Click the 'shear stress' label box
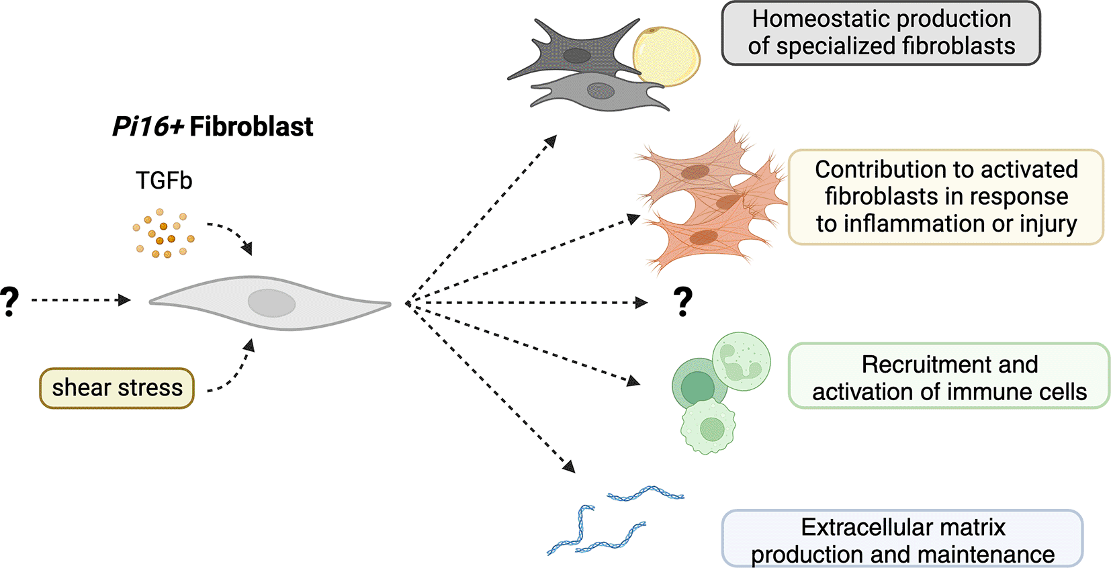pyautogui.click(x=117, y=388)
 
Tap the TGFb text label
pyautogui.click(x=164, y=181)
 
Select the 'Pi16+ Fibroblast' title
pyautogui.click(x=212, y=126)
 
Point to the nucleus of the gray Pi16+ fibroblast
pyautogui.click(x=271, y=303)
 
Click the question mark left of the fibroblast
pyautogui.click(x=9, y=301)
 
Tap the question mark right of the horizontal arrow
pyautogui.click(x=682, y=301)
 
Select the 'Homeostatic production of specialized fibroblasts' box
pyautogui.click(x=881, y=33)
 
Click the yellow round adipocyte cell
pyautogui.click(x=666, y=56)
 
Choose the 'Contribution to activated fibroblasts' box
pyautogui.click(x=945, y=197)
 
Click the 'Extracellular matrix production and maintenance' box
pyautogui.click(x=902, y=539)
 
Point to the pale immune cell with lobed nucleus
pyautogui.click(x=742, y=361)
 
